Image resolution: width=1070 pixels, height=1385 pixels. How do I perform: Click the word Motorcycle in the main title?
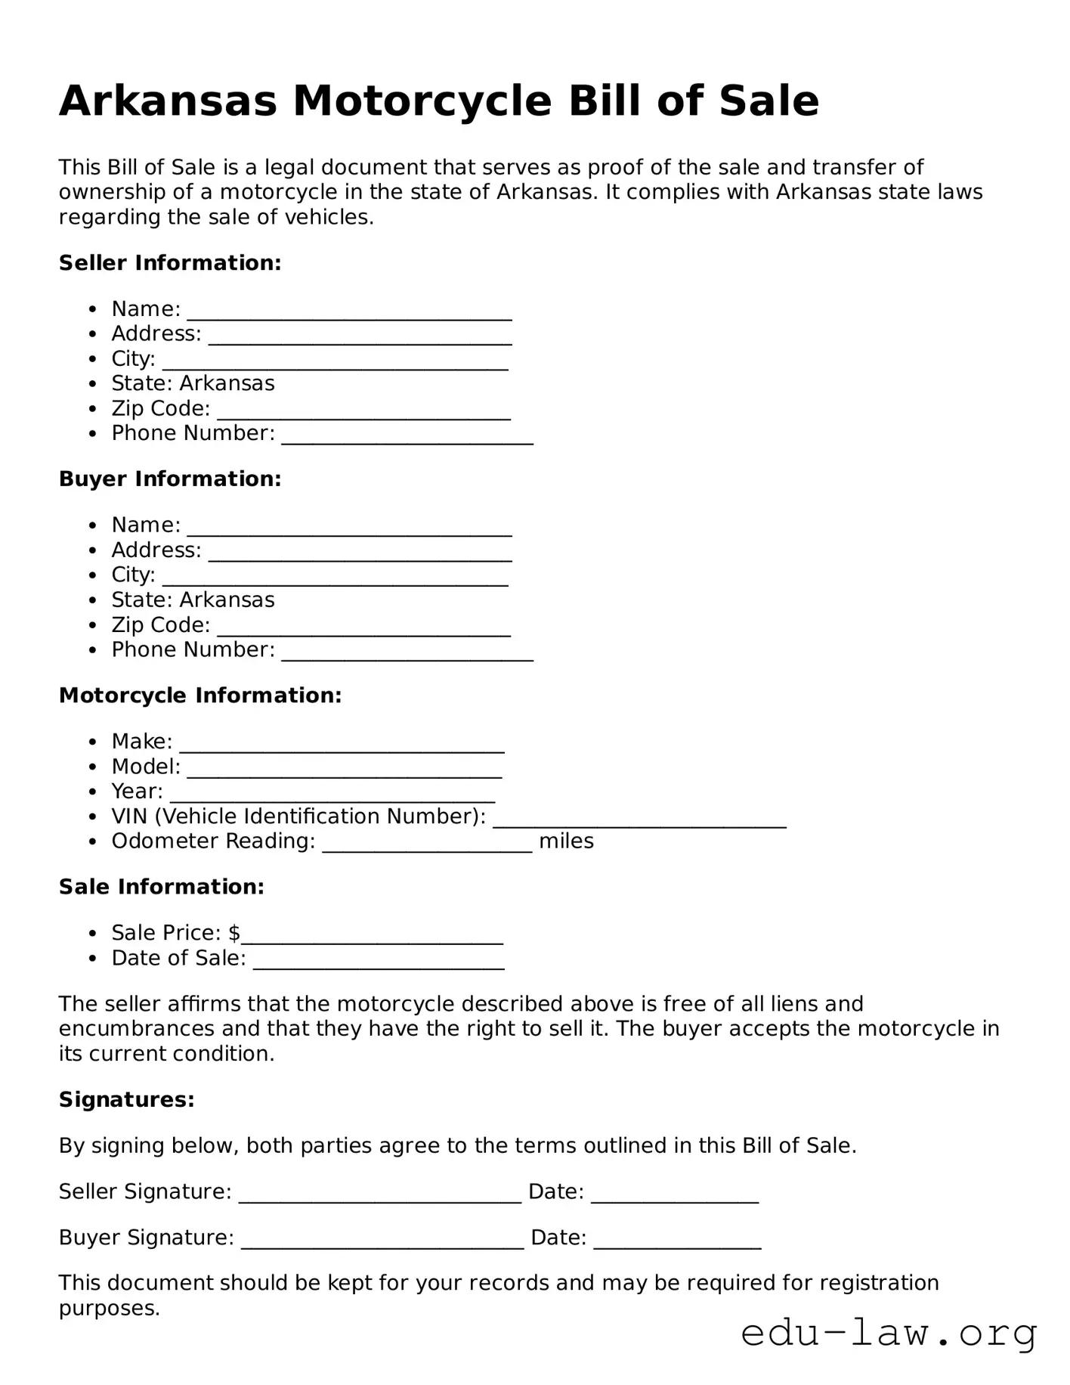pos(422,101)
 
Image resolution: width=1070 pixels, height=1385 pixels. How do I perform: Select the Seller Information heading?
pos(170,263)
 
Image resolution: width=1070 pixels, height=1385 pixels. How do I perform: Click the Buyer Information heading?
pos(170,479)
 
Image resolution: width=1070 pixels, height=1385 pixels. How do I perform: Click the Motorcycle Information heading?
pos(200,696)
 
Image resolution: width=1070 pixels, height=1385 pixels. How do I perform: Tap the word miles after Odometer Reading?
pos(566,841)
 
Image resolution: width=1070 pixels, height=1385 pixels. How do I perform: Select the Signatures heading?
pos(127,1100)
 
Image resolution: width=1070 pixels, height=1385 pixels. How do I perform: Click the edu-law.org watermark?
pos(889,1334)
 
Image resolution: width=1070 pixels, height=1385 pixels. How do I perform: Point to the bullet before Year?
pos(93,792)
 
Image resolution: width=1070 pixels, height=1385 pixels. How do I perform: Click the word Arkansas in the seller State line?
pos(227,384)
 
